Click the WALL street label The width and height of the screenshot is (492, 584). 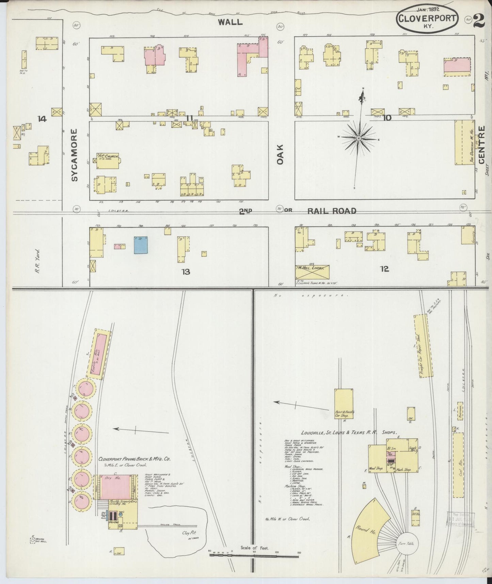click(230, 22)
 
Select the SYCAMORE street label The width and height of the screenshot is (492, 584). click(75, 155)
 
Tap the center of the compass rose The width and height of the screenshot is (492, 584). click(359, 138)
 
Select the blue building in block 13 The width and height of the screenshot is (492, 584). click(141, 245)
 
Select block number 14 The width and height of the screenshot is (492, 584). click(42, 119)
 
